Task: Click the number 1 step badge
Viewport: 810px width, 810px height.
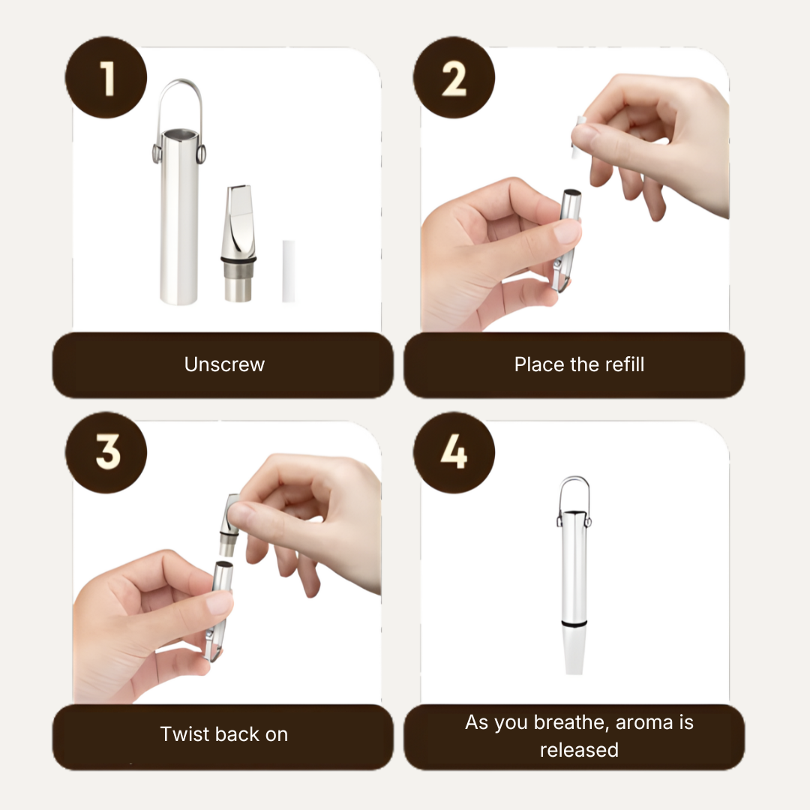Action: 106,77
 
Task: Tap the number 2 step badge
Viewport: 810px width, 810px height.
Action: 454,77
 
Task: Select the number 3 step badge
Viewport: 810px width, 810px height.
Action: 106,452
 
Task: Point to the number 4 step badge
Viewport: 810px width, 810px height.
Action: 454,452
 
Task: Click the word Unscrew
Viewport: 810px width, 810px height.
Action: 224,364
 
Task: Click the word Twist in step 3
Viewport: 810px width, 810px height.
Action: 183,734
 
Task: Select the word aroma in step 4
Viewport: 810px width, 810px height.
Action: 643,723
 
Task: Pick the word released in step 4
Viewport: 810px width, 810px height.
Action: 579,750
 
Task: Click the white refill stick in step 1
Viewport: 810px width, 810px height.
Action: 288,271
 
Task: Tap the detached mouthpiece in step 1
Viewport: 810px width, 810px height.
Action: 238,243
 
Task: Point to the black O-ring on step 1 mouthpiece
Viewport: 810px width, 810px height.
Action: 238,259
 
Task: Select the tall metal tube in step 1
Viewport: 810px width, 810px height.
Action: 178,217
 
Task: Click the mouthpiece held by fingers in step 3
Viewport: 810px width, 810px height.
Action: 228,524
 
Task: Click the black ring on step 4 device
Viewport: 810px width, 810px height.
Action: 574,625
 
